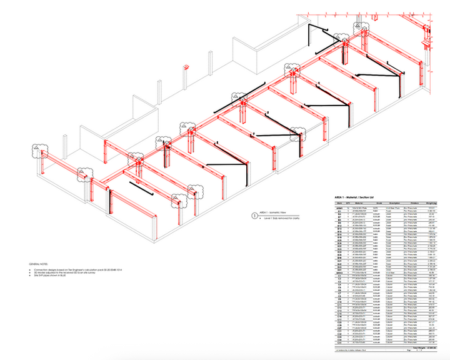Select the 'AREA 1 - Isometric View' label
tap(272, 213)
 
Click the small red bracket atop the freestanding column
tap(186, 65)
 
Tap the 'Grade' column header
tap(377, 202)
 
